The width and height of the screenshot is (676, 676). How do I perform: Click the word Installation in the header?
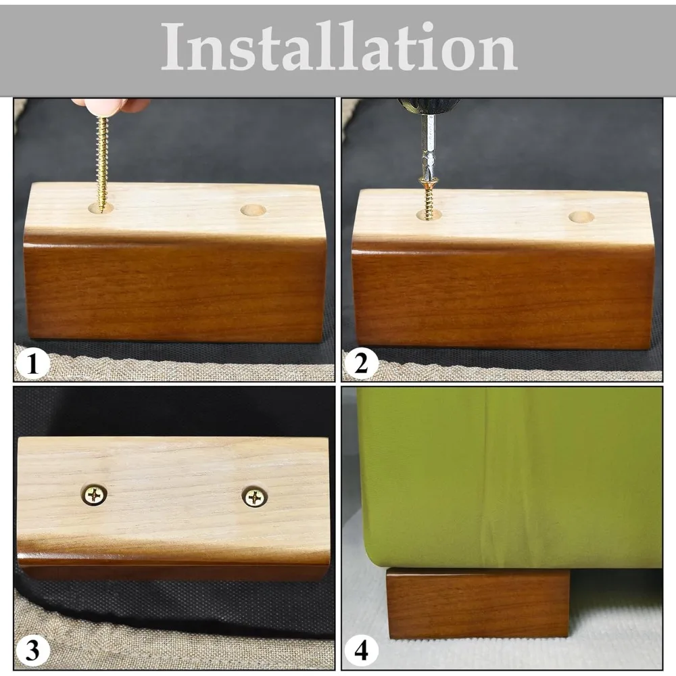(x=339, y=47)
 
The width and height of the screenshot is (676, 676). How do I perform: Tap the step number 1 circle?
(x=32, y=364)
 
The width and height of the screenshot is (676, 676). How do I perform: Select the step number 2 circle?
(x=361, y=364)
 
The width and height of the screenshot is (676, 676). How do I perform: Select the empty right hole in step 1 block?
(x=253, y=210)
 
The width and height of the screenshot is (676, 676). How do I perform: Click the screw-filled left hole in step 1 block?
(x=101, y=208)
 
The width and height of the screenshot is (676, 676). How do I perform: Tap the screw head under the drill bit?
(x=429, y=182)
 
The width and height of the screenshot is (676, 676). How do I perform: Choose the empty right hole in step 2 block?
(x=581, y=216)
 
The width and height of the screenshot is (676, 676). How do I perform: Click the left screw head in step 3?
(x=94, y=495)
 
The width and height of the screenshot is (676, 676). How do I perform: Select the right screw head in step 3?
(x=254, y=498)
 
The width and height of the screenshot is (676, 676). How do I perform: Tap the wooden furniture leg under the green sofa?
(x=478, y=603)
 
